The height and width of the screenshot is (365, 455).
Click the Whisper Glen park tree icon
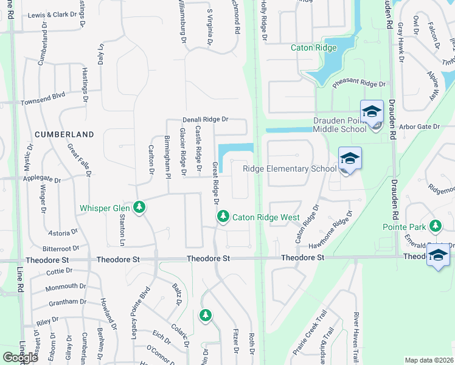coord(140,208)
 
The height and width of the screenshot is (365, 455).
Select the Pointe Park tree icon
coord(435,226)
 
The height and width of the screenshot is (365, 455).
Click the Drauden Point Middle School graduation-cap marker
coord(370,111)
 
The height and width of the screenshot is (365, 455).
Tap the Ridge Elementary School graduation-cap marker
coord(350,158)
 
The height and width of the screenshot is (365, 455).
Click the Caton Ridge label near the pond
coord(313,47)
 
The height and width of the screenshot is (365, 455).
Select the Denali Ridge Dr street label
coord(206,120)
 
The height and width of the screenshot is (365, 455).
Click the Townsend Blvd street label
coord(43,96)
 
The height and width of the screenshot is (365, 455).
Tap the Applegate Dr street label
coord(41,180)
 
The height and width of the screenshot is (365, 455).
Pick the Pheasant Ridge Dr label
coord(359,84)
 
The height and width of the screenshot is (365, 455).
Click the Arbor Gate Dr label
coord(419,126)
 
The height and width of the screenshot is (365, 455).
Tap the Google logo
coord(21,357)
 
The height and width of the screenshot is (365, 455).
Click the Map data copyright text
coord(428,360)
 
